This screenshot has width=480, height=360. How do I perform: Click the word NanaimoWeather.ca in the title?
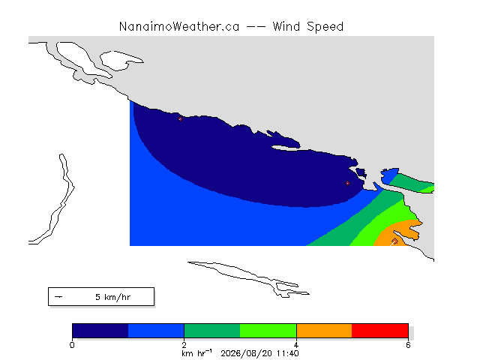[179, 27]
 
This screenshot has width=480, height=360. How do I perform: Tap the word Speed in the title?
[325, 27]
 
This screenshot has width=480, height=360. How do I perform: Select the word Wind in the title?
[286, 27]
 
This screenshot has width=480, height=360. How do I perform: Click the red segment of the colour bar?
[380, 331]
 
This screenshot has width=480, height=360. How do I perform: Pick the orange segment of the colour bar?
[324, 331]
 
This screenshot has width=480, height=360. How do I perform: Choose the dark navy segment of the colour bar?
[100, 331]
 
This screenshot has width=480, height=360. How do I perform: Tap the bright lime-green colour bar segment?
[268, 331]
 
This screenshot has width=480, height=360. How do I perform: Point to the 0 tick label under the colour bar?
[72, 345]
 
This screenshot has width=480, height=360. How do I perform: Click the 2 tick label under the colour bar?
[184, 345]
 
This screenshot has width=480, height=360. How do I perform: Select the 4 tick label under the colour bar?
[296, 345]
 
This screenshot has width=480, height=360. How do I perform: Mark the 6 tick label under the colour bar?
[408, 345]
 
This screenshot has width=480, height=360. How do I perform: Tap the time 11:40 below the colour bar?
[288, 353]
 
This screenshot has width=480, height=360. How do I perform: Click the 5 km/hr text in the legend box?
[113, 297]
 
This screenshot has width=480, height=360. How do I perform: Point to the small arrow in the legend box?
[58, 297]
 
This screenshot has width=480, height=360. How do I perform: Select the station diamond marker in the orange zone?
[394, 241]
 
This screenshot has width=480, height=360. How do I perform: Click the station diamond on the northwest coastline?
[180, 119]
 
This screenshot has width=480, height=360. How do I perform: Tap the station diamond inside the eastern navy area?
[347, 183]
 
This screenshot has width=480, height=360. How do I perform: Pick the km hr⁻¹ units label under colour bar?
[196, 353]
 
